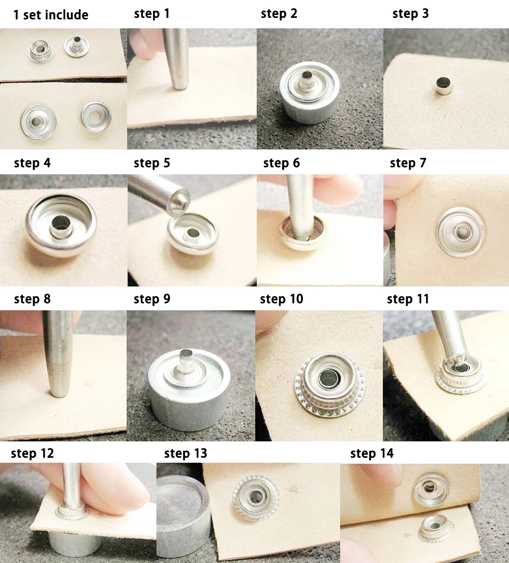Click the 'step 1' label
coord(151,13)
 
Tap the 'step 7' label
coord(408,163)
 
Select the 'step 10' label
coord(282,299)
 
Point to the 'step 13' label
coord(186,453)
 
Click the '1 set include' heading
coord(51,15)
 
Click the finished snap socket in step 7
coord(461,231)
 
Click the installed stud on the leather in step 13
coord(256,497)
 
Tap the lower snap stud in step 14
coord(436,528)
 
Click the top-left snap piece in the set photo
coord(41,51)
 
